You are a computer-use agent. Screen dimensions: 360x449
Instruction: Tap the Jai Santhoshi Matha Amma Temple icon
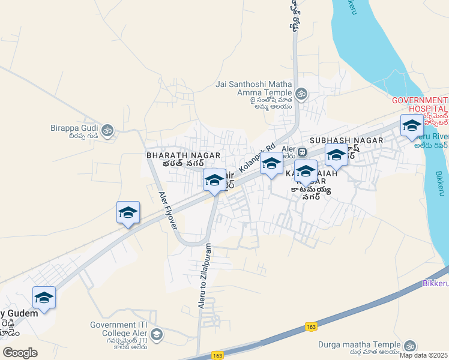[x=301, y=93]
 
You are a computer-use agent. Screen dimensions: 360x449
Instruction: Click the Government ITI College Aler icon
[x=157, y=334]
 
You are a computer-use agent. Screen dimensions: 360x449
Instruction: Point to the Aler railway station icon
[x=303, y=152]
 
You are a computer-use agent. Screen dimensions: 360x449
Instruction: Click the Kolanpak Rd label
[x=256, y=159]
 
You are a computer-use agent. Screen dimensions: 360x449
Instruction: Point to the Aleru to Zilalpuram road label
[x=204, y=276]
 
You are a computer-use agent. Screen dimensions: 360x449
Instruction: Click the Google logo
[x=20, y=353]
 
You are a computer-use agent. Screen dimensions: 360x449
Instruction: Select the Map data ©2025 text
[x=423, y=355]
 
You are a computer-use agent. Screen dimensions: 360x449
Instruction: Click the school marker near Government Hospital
[x=412, y=126]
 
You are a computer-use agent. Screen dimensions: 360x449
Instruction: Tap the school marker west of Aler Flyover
[x=128, y=213]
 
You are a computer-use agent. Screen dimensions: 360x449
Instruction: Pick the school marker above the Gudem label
[x=44, y=298]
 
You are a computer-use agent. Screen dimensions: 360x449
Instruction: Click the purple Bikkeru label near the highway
[x=435, y=282]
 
